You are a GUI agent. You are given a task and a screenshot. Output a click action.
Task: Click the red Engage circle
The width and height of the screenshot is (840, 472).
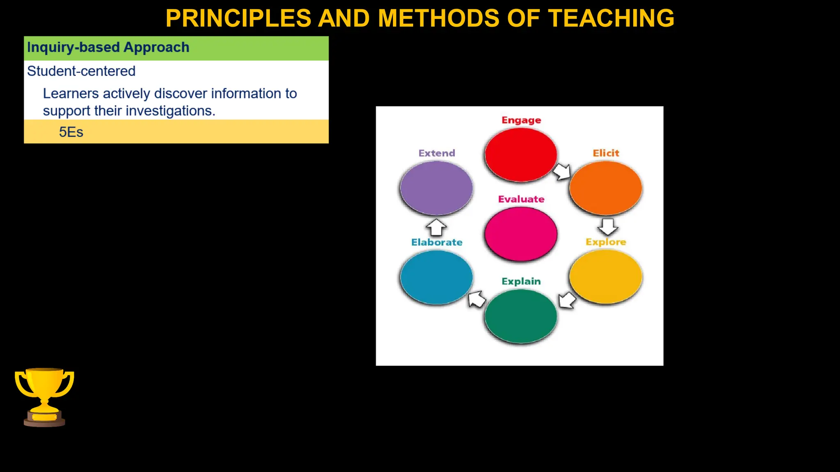[521, 155]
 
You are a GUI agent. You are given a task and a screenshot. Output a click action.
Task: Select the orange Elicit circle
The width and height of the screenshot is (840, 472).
[606, 188]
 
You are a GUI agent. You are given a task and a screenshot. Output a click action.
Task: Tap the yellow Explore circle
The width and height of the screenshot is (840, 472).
[606, 277]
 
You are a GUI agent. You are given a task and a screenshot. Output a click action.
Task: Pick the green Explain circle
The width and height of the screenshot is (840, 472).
[521, 316]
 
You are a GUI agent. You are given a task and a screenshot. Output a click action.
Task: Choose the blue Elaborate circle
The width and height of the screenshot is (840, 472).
[436, 277]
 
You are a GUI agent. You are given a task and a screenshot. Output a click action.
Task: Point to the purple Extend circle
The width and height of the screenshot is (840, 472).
[436, 188]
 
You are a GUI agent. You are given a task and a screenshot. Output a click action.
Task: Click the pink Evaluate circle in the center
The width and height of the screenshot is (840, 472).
[521, 234]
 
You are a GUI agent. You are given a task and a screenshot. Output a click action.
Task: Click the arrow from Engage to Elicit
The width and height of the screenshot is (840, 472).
[562, 172]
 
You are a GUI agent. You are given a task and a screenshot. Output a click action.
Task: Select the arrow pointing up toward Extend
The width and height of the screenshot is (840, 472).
[436, 227]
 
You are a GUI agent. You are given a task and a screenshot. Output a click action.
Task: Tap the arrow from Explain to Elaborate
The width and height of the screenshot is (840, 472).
[477, 299]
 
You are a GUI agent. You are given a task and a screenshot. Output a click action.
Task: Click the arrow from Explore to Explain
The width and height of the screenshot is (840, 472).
[567, 300]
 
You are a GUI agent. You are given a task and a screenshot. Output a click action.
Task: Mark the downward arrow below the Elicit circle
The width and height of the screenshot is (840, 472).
[608, 226]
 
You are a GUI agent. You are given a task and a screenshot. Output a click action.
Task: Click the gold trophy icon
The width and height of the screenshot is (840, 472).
[44, 397]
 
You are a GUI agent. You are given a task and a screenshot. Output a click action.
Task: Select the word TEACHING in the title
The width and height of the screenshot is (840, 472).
[611, 18]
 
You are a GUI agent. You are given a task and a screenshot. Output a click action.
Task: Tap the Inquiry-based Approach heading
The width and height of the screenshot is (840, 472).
[108, 48]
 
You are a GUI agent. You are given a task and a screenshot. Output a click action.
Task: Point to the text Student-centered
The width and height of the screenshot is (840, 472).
[81, 71]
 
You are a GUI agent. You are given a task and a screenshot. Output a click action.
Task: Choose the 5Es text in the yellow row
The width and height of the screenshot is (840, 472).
[71, 132]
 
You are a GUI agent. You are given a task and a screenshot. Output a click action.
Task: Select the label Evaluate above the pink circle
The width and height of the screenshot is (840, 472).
[521, 199]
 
